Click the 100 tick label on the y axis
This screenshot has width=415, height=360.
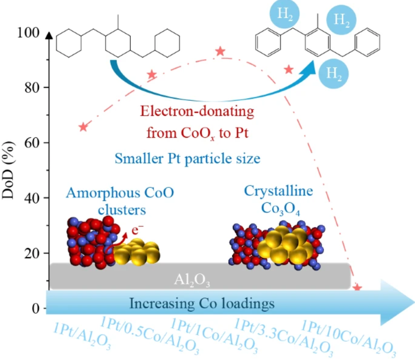(x=28, y=33)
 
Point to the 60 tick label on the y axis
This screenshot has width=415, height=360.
(x=32, y=143)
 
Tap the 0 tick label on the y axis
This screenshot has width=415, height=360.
(x=36, y=308)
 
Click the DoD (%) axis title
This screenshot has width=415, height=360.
(x=8, y=170)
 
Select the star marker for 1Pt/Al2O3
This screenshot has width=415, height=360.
(x=83, y=127)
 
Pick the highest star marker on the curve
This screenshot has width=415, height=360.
(x=220, y=51)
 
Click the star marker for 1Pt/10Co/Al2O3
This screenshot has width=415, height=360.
(x=357, y=288)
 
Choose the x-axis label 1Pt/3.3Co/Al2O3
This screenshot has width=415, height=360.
(x=284, y=337)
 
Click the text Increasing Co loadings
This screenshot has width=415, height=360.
(x=202, y=304)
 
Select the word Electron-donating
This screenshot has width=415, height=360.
(x=197, y=111)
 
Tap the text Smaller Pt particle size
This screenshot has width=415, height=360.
(x=188, y=159)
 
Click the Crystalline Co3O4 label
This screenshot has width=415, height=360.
(x=279, y=200)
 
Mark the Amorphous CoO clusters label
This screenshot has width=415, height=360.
(x=120, y=201)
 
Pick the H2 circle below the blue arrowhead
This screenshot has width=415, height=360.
(x=333, y=73)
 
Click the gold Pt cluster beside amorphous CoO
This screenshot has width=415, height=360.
(x=137, y=252)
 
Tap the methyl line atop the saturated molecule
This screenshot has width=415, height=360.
(x=118, y=22)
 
